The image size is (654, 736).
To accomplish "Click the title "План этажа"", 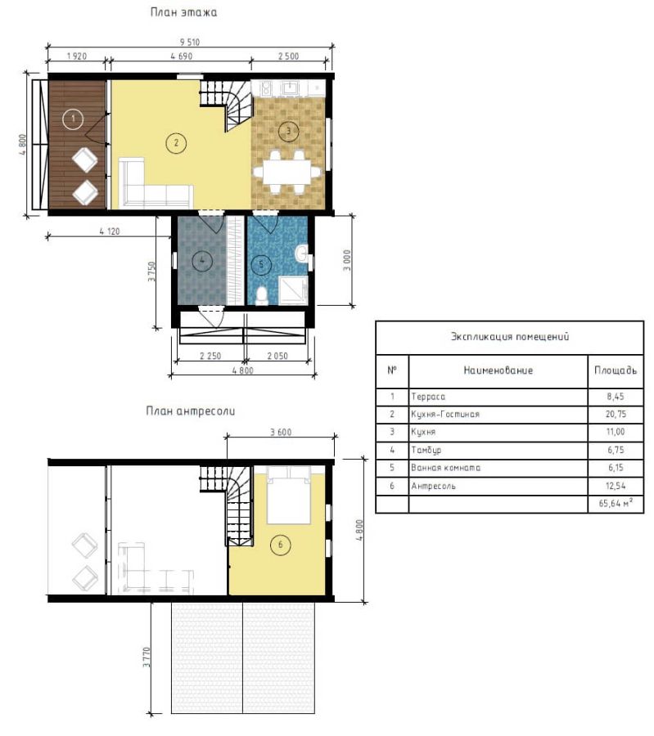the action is [x=183, y=12].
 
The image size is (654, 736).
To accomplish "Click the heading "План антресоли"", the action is [x=190, y=411].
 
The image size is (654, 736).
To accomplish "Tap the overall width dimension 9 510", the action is [x=189, y=42].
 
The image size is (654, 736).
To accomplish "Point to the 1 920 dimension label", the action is [x=77, y=56].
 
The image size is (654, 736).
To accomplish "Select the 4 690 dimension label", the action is [x=182, y=56].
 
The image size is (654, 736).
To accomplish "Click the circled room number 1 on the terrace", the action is [x=73, y=119].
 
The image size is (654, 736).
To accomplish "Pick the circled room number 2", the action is [x=176, y=142].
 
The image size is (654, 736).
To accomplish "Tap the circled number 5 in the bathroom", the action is [x=261, y=264].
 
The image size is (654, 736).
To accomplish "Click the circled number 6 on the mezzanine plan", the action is [x=281, y=545].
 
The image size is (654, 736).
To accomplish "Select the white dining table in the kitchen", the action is [x=287, y=173].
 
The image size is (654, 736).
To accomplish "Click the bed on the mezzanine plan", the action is [x=288, y=495].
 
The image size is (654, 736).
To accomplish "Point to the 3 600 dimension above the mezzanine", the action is [x=281, y=432].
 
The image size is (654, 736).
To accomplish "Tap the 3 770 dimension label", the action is [x=147, y=657].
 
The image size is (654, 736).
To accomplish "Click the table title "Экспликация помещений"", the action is [x=510, y=337].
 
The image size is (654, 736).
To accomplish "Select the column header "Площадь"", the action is [x=616, y=370].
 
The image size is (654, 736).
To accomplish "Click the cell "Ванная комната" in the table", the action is [x=445, y=468].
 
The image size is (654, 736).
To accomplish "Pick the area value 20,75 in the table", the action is [x=616, y=414].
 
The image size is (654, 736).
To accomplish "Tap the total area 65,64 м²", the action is [x=616, y=503].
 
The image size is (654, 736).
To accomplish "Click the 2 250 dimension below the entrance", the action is [x=210, y=356].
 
